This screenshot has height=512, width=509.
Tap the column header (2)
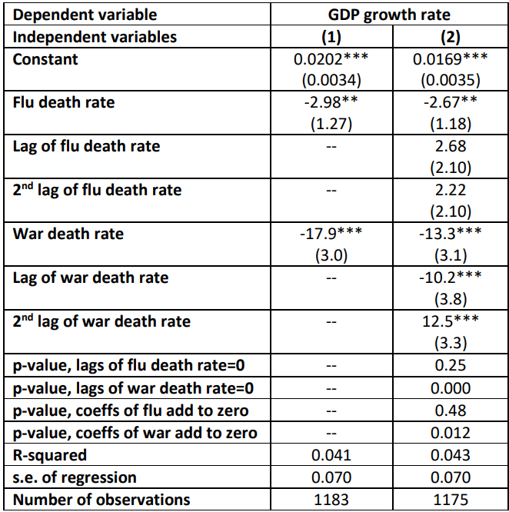tap(451, 37)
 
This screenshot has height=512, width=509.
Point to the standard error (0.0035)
tap(451, 79)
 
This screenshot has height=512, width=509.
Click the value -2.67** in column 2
tap(451, 102)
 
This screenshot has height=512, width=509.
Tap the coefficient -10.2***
tap(451, 277)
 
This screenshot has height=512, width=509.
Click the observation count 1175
tap(451, 499)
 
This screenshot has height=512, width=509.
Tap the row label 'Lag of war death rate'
tap(91, 277)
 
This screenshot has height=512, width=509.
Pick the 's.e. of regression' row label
tap(75, 477)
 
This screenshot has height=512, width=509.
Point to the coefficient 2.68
tap(451, 146)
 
